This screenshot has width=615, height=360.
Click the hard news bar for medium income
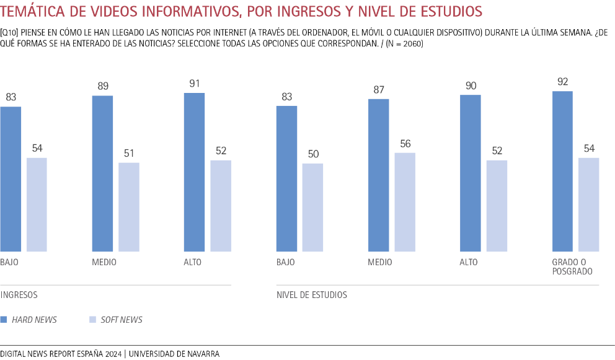pos(102,173)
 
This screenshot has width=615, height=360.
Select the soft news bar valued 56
pos(405,202)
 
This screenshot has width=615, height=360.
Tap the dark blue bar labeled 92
pos(562,171)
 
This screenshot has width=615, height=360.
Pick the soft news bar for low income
pos(37,204)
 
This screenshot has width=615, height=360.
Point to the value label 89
pos(102,86)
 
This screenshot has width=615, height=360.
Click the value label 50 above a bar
pos(312,154)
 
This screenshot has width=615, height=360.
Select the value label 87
pos(378,89)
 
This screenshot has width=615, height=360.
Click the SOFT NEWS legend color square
pos(92,320)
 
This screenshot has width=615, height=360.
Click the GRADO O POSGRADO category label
pos(572,267)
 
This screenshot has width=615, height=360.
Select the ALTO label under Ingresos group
pos(193,262)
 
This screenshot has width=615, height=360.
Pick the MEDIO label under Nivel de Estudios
pos(380,262)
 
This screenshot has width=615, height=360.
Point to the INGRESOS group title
pos(19,295)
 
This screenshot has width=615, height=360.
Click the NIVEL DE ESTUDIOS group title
pos(312,295)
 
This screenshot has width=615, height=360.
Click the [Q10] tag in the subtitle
pos(9,33)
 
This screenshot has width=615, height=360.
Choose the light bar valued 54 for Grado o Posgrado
pos(589,204)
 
